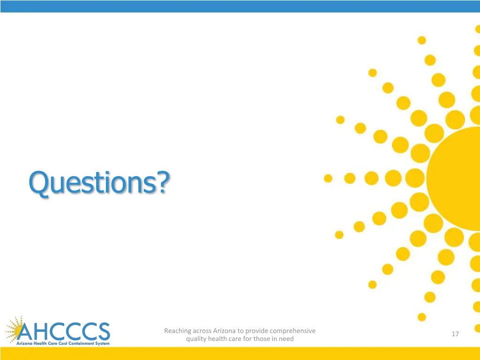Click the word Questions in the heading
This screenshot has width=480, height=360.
point(92,183)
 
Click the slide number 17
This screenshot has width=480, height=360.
point(455,334)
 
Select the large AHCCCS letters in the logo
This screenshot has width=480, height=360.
point(63,332)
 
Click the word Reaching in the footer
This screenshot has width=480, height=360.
point(178,331)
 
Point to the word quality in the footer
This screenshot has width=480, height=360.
point(196,338)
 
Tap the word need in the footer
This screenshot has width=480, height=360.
point(286,338)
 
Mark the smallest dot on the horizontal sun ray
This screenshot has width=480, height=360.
point(328,178)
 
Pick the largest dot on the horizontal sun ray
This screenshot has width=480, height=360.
point(414,178)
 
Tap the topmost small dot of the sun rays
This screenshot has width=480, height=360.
point(422,40)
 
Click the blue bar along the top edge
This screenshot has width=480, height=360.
point(240,6)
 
